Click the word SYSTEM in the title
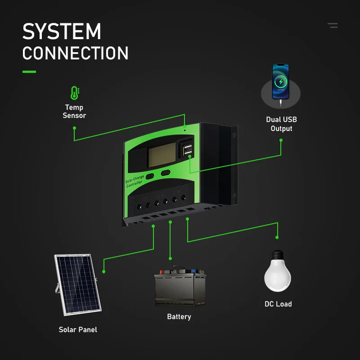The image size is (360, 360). (62, 32)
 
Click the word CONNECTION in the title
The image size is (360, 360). (75, 54)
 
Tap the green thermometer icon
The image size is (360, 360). (74, 93)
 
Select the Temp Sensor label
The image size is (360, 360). (74, 111)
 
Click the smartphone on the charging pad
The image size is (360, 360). (280, 81)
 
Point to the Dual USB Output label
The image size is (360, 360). (281, 124)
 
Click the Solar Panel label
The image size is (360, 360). (78, 330)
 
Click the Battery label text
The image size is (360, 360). (179, 317)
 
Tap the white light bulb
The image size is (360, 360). (278, 270)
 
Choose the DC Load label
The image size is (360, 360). (278, 304)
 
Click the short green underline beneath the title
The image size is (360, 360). (29, 72)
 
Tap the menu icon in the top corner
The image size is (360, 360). (333, 26)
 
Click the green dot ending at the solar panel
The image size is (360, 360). (104, 272)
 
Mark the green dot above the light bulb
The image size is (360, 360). (278, 237)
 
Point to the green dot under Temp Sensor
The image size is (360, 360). (74, 128)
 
